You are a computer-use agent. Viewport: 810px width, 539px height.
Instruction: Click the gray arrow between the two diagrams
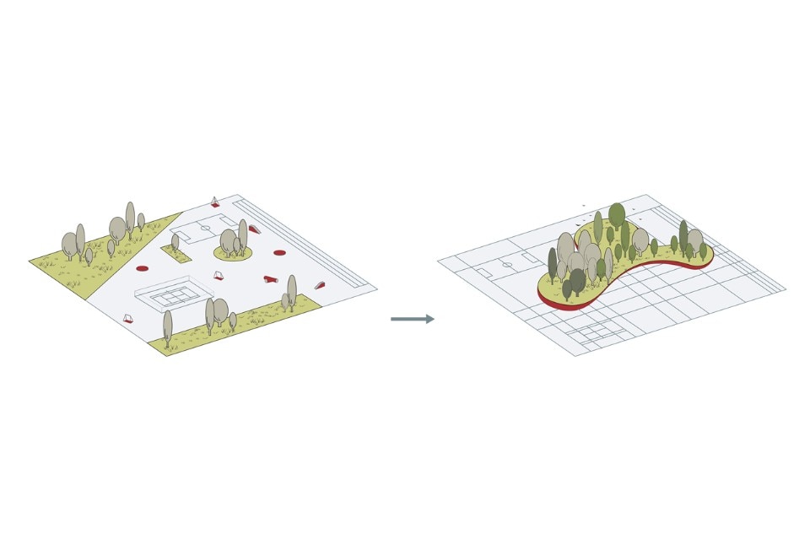[413, 319]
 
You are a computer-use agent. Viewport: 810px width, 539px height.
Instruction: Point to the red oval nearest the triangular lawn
[142, 267]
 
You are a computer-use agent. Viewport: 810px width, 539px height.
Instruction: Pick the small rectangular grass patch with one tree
[175, 252]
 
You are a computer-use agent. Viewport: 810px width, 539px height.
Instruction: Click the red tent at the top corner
[215, 202]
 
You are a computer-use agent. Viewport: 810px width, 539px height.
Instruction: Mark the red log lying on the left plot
[271, 278]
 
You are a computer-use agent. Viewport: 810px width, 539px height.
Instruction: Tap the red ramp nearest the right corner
[320, 285]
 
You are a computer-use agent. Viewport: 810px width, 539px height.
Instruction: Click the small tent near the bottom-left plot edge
[128, 319]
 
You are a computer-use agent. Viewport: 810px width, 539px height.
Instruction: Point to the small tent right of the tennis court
[219, 274]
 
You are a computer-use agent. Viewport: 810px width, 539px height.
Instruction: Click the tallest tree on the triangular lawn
[130, 217]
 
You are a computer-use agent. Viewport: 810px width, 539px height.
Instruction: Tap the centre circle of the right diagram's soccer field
[507, 265]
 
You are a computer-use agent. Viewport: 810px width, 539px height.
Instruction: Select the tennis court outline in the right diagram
[599, 336]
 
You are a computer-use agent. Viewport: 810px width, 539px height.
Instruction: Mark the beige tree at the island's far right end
[694, 240]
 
